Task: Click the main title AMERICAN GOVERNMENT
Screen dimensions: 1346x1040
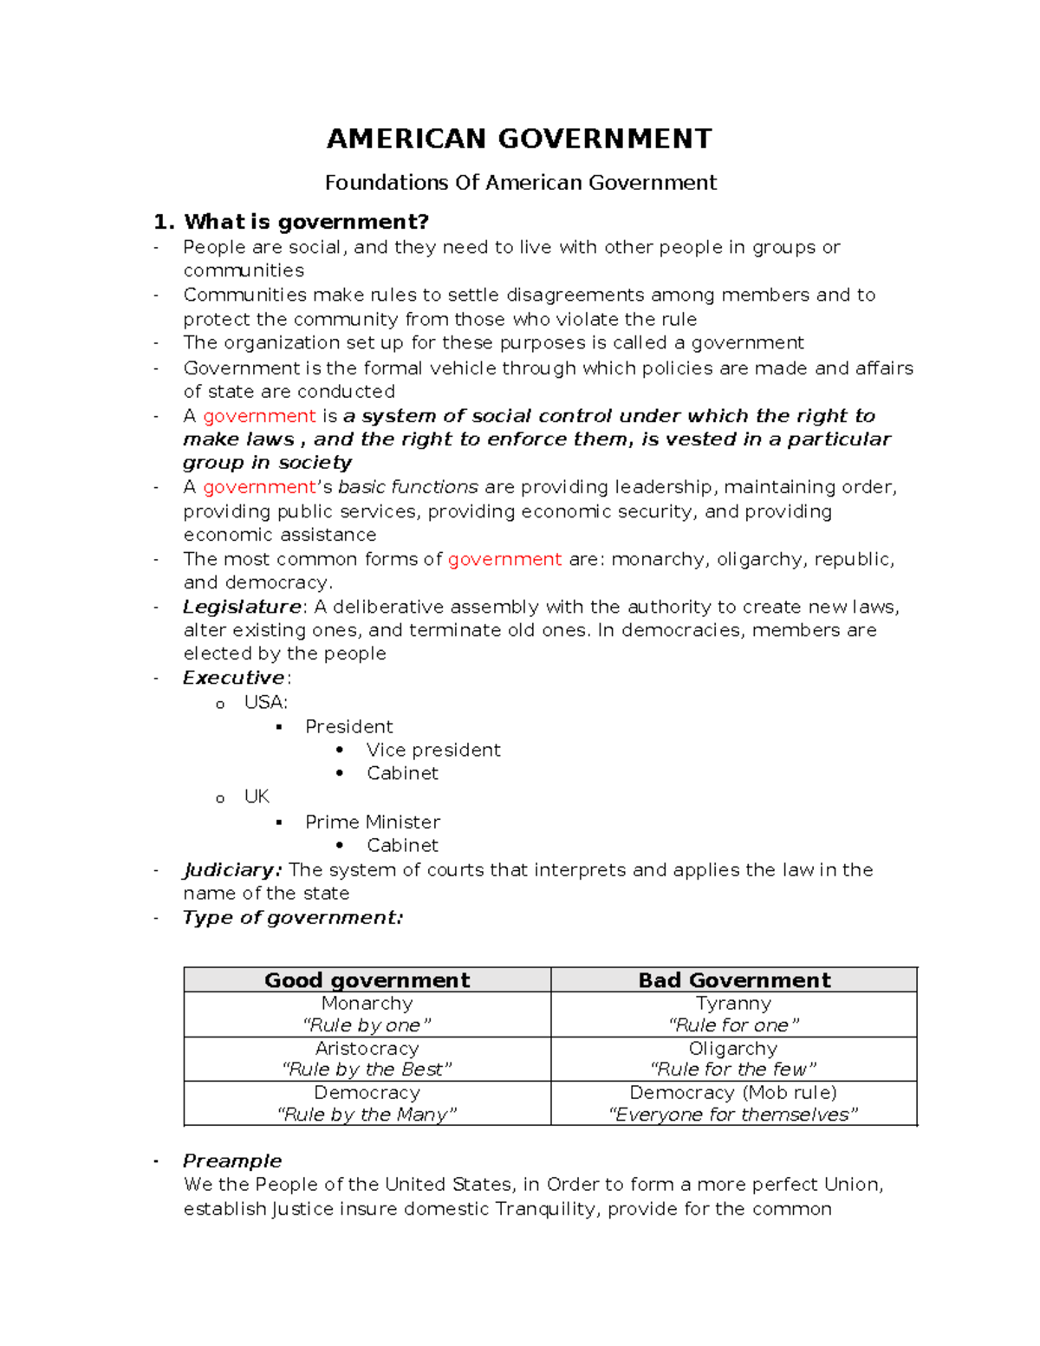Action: pos(519,139)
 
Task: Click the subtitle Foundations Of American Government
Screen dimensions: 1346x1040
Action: pos(520,183)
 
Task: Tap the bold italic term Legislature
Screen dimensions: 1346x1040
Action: pos(242,607)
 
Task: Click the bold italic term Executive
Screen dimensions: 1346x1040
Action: pos(233,678)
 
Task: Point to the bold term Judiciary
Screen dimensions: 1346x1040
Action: pos(231,870)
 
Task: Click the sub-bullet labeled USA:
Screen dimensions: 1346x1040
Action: pos(265,702)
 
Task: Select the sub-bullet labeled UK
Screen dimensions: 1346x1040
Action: pos(257,797)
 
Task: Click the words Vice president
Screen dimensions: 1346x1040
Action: pos(432,750)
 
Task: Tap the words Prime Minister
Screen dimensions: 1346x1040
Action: pos(372,822)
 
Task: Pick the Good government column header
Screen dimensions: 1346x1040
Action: pos(367,980)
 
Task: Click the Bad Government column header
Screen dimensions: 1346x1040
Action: pos(733,980)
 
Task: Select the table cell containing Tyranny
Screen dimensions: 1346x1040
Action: pos(733,1014)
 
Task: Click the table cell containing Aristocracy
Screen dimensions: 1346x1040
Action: pos(367,1058)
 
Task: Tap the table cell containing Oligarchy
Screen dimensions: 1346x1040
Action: pos(733,1058)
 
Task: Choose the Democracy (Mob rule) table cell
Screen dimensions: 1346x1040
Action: pos(733,1103)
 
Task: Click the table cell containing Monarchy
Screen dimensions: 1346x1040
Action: pos(367,1014)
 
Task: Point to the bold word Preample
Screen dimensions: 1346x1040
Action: pos(231,1161)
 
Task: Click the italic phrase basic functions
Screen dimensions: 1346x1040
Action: pos(407,487)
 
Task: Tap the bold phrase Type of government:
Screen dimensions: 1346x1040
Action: pos(293,918)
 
